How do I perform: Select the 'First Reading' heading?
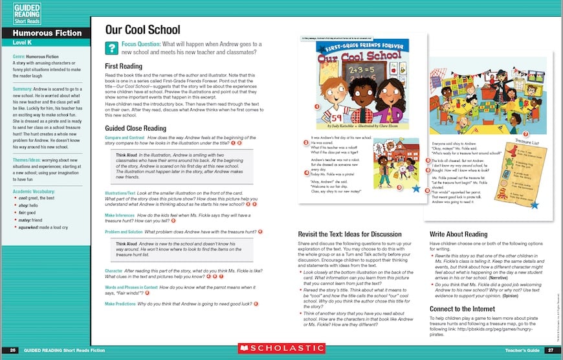coord(127,67)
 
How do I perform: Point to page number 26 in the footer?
coord(13,350)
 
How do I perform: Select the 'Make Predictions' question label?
coord(124,303)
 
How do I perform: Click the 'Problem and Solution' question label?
coord(124,231)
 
